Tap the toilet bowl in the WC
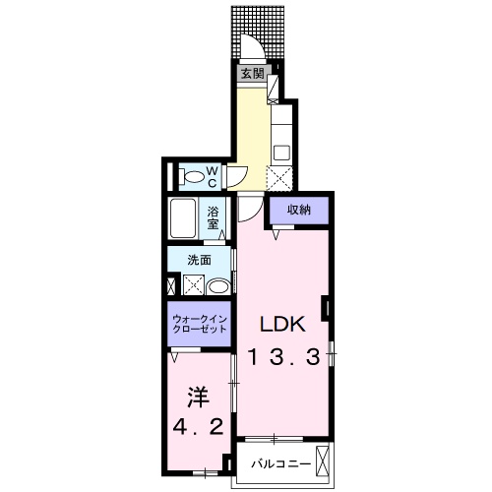tap(197, 177)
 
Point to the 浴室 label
tap(214, 216)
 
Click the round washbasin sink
tap(220, 286)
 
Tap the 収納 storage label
tap(299, 210)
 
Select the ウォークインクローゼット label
tap(200, 324)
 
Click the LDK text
tap(283, 325)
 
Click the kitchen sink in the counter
tap(280, 154)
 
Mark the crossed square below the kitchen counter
tap(280, 181)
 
